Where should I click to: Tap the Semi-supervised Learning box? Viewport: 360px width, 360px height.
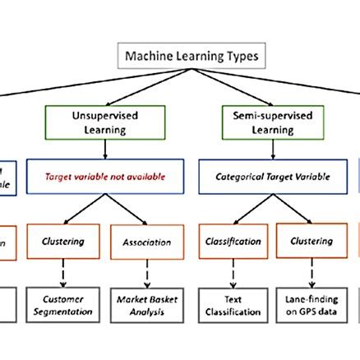click(258, 123)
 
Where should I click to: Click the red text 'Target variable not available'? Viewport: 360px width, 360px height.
click(104, 176)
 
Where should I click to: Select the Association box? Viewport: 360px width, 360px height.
click(147, 242)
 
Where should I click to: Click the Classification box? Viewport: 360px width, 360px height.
click(233, 242)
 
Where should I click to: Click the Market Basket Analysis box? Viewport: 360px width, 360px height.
click(147, 305)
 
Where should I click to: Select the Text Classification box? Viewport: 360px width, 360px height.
click(233, 305)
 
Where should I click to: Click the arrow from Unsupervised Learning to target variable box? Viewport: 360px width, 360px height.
click(104, 150)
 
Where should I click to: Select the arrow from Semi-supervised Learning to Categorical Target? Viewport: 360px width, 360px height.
click(258, 150)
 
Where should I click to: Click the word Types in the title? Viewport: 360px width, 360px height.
click(242, 57)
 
